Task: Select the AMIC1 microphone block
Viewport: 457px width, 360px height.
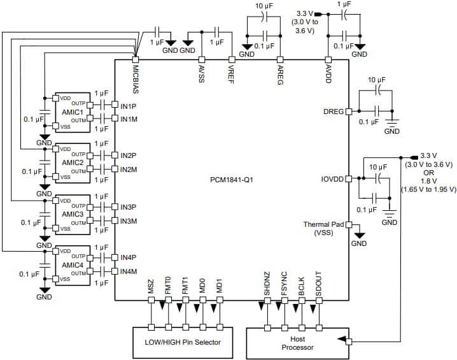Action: tap(73, 112)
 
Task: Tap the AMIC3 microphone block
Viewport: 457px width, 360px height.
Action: tap(73, 214)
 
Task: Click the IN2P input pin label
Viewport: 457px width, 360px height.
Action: tap(128, 155)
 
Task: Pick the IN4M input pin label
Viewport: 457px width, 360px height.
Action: tap(129, 272)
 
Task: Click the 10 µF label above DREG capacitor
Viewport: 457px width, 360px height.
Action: tap(376, 80)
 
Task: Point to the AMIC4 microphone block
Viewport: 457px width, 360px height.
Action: tap(73, 265)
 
